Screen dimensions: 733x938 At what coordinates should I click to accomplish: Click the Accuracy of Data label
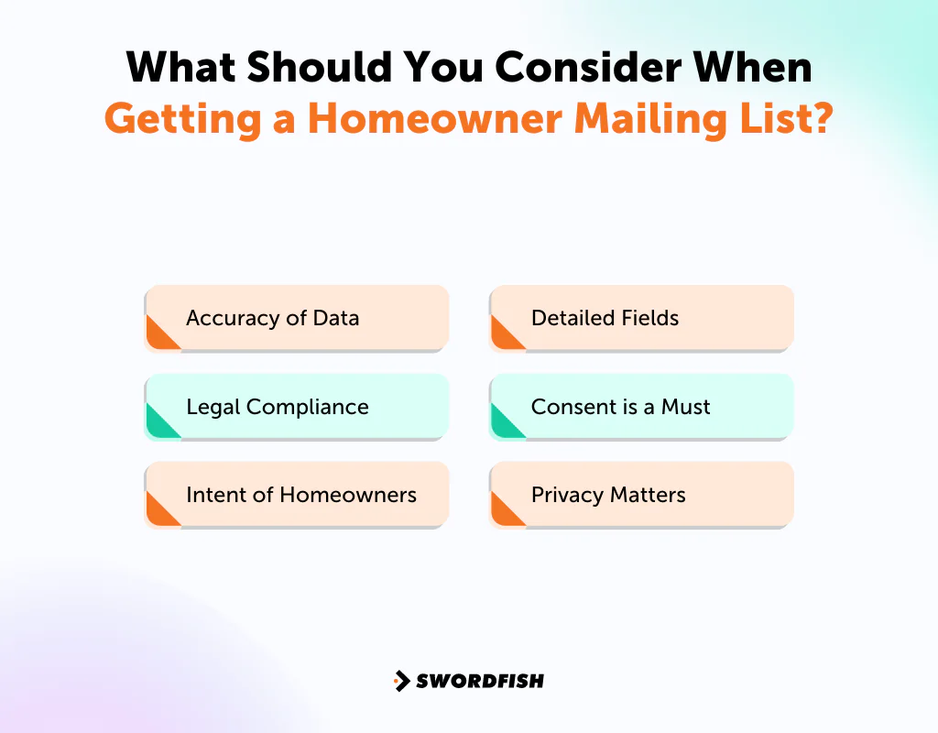272,319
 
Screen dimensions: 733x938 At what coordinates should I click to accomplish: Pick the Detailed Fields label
605,319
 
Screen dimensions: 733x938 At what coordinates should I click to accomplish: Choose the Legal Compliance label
277,407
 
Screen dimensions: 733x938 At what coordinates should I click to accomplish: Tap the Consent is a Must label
620,407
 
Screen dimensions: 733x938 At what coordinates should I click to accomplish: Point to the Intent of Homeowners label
300,496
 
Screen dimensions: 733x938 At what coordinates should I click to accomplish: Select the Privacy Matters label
608,496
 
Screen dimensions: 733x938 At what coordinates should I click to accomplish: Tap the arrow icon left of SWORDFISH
401,681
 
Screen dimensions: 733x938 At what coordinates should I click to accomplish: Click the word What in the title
181,68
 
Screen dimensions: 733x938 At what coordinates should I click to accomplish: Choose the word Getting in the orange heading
181,119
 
